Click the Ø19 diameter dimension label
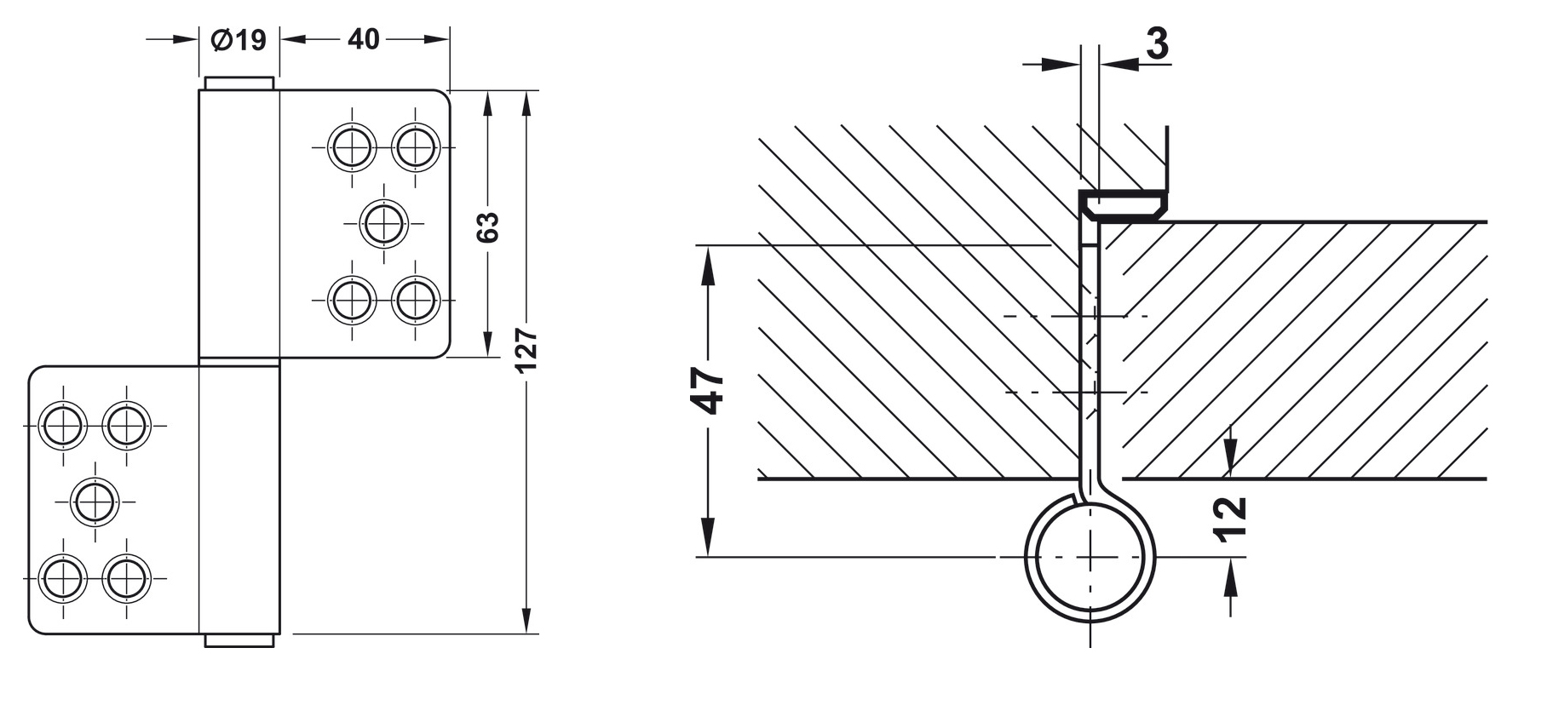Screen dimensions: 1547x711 coord(238,39)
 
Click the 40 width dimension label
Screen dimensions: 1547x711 coord(364,39)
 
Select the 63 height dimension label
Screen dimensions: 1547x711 coord(487,226)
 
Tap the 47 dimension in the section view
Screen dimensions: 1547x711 coord(708,391)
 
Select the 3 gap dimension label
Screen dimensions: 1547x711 coord(1157,43)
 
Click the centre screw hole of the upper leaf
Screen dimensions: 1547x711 coord(383,224)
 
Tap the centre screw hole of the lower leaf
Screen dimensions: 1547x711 coord(95,502)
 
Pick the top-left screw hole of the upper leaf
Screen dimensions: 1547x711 coord(351,148)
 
